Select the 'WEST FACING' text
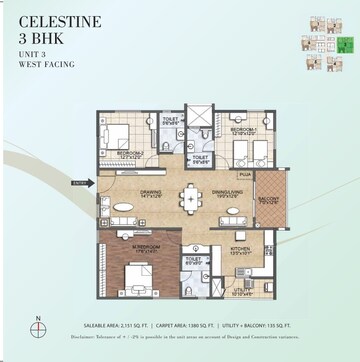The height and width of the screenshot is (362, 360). click(x=45, y=65)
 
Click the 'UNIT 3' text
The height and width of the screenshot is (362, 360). click(x=32, y=54)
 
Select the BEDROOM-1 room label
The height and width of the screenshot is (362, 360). click(x=245, y=130)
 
